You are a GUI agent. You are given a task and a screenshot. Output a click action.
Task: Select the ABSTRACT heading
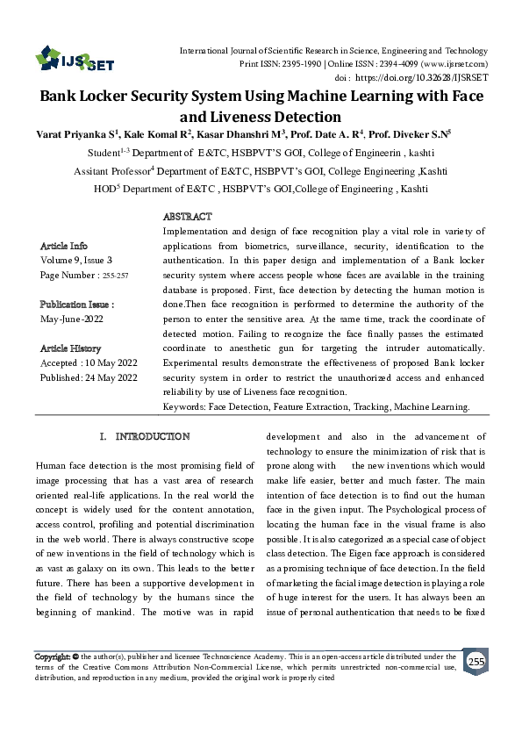[188, 216]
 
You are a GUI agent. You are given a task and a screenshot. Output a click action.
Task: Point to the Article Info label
[64, 246]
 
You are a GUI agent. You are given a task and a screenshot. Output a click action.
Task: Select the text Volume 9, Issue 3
[76, 261]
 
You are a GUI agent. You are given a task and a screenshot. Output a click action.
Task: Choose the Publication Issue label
[77, 304]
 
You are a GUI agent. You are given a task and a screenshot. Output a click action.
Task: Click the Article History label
[71, 348]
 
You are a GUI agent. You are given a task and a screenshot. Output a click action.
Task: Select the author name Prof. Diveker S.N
[409, 136]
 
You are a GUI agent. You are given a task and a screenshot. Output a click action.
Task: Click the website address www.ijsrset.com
[454, 64]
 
